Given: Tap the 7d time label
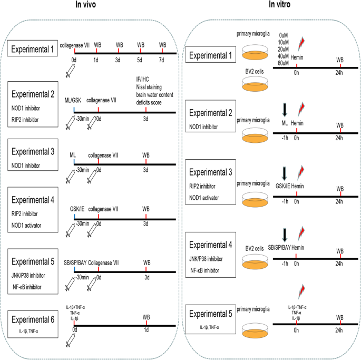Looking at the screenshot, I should (162, 61).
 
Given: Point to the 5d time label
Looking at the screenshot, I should (140, 61).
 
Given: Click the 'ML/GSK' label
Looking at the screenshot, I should (74, 100).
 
